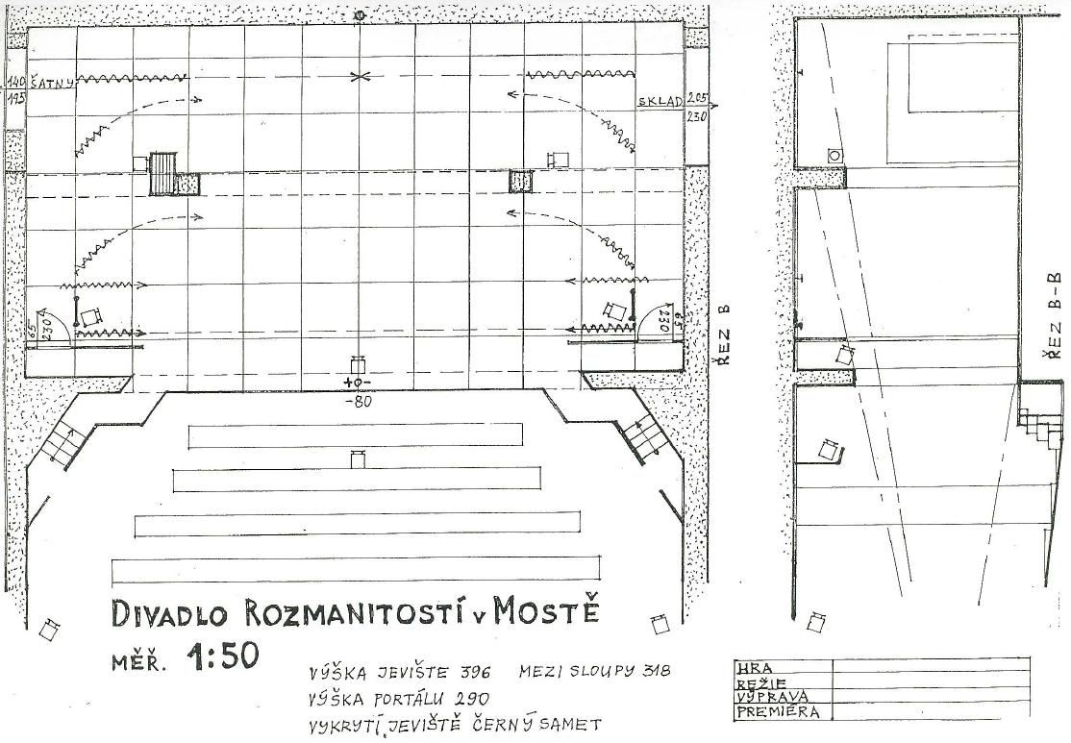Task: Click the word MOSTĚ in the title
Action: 546,613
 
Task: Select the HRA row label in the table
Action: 750,667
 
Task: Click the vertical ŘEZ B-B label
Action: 1054,316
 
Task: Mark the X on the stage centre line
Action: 359,77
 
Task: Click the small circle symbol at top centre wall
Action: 360,16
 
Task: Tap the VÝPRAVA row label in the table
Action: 771,698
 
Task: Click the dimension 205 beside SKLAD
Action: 698,100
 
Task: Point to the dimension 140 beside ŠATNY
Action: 13,83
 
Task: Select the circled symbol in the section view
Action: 834,155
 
